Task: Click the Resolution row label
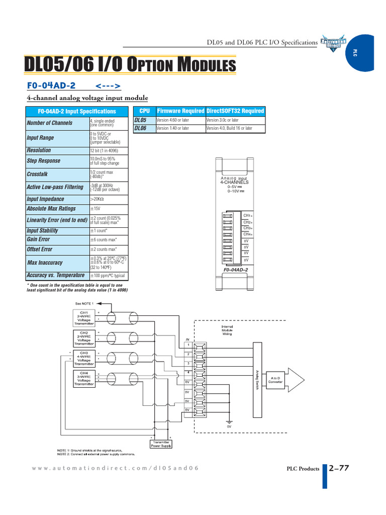pyautogui.click(x=39, y=150)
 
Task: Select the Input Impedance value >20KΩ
pyautogui.click(x=97, y=199)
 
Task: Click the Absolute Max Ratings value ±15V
pyautogui.click(x=95, y=209)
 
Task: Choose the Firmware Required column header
pyautogui.click(x=180, y=111)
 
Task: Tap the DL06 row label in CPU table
pyautogui.click(x=140, y=129)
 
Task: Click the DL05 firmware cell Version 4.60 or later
pyautogui.click(x=172, y=120)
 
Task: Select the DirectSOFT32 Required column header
pyautogui.click(x=235, y=111)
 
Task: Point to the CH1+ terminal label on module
pyautogui.click(x=247, y=216)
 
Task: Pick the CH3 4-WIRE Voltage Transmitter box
pyautogui.click(x=84, y=358)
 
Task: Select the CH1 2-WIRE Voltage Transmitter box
pyautogui.click(x=84, y=318)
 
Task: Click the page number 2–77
pyautogui.click(x=339, y=468)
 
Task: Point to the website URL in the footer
pyautogui.click(x=115, y=468)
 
